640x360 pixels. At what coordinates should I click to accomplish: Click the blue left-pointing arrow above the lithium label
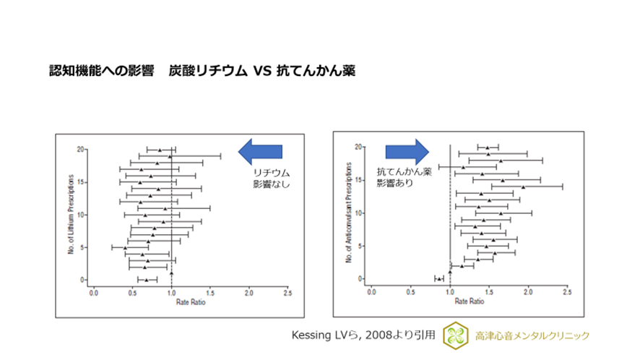261,150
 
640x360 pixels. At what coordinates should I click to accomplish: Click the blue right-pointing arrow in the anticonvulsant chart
407,150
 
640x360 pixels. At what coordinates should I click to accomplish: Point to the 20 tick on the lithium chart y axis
80,150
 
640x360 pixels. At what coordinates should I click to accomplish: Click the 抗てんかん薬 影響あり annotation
401,178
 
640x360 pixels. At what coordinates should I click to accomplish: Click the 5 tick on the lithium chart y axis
82,247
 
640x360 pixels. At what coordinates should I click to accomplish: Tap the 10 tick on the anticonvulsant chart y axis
359,213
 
